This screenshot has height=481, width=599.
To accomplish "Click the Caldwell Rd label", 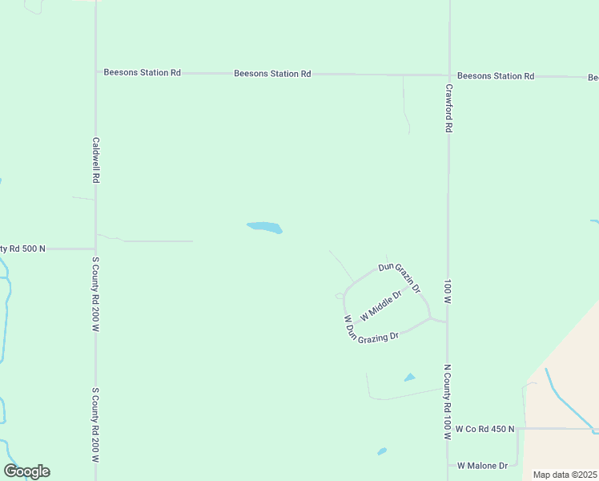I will point(95,160).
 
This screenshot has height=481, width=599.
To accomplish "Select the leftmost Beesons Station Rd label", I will point(143,72).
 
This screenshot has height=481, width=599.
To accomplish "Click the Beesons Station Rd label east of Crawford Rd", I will point(496,76).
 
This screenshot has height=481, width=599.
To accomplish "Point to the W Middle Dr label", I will point(380,306).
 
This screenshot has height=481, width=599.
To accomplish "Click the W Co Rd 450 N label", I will point(484,430).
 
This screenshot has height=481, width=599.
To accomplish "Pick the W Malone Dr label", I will point(483,466).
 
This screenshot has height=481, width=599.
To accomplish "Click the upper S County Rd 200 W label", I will point(95,294).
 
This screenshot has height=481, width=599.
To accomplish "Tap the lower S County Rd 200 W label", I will point(95,426).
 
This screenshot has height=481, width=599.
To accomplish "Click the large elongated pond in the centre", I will point(264,228).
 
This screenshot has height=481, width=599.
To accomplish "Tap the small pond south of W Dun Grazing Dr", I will point(410,377).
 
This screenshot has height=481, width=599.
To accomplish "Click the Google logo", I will point(26,471).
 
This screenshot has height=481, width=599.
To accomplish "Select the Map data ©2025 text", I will point(565,475).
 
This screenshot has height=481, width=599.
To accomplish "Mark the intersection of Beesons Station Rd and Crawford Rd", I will point(449,75).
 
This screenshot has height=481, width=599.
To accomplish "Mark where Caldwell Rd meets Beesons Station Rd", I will point(96,72).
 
